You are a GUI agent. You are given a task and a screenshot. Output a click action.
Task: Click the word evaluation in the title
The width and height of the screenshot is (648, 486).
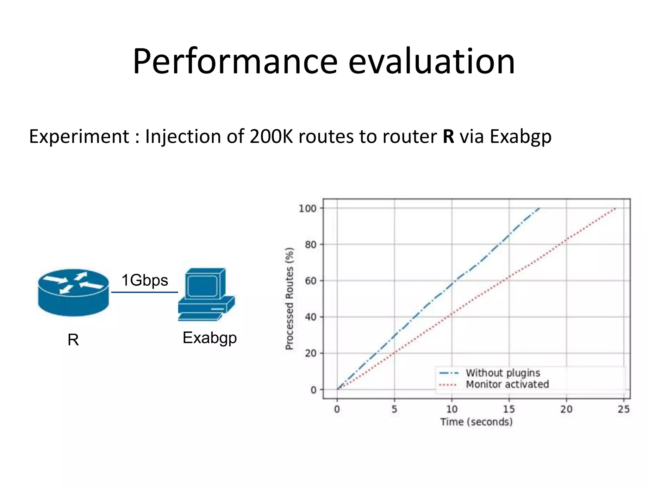tap(432, 62)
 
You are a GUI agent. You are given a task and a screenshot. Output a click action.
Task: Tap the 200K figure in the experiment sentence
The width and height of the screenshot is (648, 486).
tap(271, 137)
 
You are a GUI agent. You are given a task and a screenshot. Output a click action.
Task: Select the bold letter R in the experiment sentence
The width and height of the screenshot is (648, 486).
tap(448, 137)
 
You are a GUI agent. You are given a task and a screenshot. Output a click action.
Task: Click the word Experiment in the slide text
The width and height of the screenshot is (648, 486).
tap(79, 137)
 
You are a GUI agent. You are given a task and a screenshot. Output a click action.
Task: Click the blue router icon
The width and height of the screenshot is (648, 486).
tap(73, 292)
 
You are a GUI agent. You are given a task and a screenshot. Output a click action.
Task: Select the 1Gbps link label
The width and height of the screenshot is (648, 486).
tap(145, 280)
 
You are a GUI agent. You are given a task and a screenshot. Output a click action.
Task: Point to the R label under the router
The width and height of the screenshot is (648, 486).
tap(73, 340)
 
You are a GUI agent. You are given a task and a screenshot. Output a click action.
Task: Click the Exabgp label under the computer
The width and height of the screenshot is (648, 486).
tap(209, 338)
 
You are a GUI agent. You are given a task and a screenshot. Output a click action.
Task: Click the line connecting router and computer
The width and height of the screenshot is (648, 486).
tap(145, 292)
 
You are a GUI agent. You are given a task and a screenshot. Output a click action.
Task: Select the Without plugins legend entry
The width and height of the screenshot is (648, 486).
tap(502, 373)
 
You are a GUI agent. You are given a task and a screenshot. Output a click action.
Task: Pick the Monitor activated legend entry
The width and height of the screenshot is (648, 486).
tap(507, 384)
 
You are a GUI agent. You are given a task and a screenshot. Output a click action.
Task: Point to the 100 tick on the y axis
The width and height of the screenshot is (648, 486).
tap(308, 208)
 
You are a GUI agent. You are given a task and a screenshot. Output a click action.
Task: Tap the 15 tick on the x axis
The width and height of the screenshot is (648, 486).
tap(509, 409)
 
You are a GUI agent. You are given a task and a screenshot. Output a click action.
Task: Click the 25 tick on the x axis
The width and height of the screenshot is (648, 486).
tap(624, 409)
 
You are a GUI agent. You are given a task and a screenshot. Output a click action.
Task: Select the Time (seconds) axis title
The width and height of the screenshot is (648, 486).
tap(477, 422)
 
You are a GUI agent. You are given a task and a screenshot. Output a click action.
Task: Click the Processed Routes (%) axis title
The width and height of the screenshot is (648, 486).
tap(289, 299)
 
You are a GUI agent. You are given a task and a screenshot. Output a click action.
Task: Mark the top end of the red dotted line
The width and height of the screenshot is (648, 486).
tap(615, 209)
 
